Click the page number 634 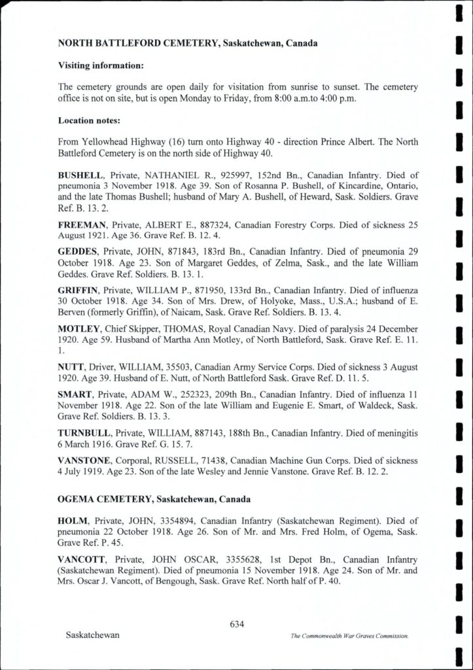tap(237, 624)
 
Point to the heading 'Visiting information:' tap(101, 66)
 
